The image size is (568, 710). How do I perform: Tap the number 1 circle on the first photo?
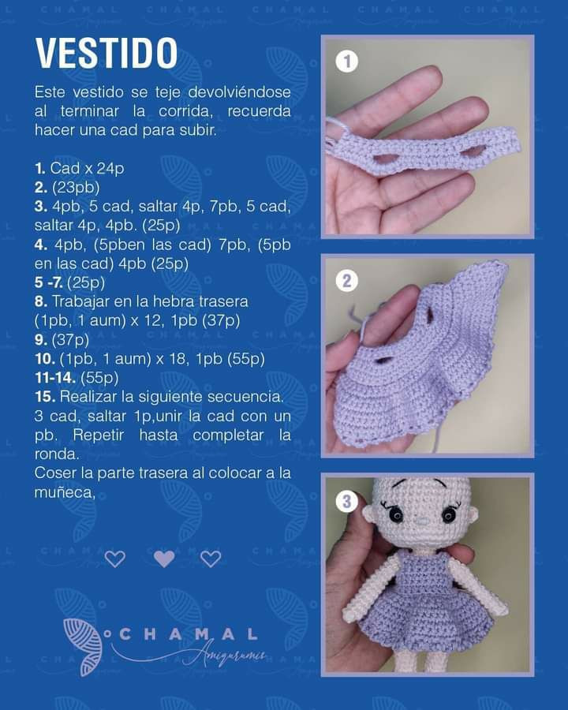[347, 62]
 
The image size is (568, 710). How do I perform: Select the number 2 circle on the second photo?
[347, 280]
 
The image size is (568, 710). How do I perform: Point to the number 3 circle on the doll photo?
[347, 500]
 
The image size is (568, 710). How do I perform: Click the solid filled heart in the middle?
[163, 559]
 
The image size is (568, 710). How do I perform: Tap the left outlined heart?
[115, 559]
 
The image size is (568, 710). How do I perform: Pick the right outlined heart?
[211, 559]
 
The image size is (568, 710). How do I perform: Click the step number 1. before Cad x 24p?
[40, 169]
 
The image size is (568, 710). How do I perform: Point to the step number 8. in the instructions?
[40, 301]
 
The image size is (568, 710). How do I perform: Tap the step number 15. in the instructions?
[44, 396]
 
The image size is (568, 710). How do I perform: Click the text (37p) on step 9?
[71, 340]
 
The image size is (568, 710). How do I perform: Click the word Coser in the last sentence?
[54, 473]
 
